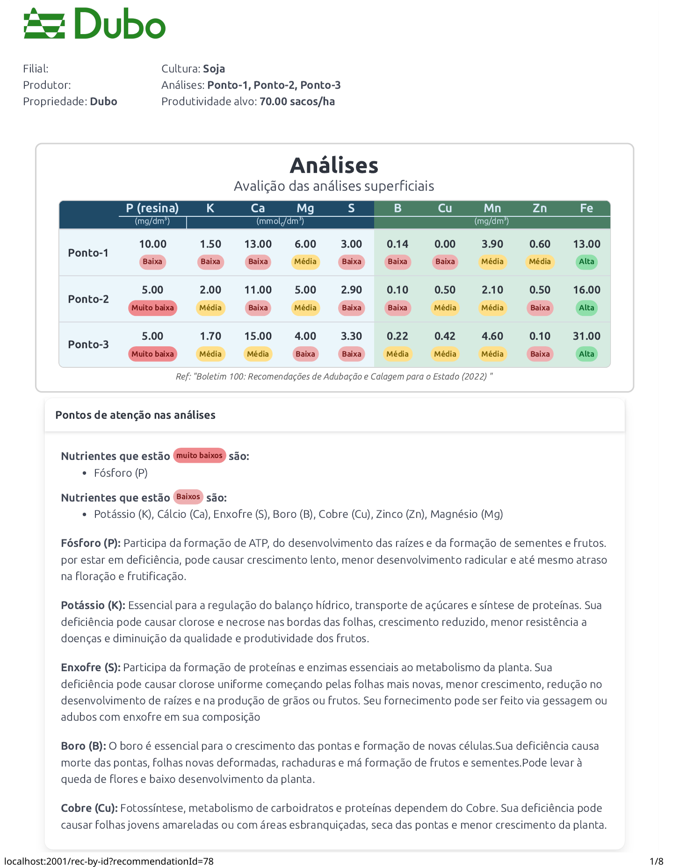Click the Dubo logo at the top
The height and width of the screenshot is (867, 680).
tap(95, 24)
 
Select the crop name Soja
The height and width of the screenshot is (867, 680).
tap(214, 69)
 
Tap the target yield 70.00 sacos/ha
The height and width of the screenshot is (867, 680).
tap(297, 101)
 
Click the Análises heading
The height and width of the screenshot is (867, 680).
tap(334, 165)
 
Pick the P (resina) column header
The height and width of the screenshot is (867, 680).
tap(152, 208)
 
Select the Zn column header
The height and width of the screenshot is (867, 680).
tap(540, 208)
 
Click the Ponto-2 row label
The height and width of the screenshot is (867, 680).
tap(88, 299)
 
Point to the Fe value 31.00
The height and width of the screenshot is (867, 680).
tap(586, 336)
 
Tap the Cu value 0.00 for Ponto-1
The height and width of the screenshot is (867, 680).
tap(445, 244)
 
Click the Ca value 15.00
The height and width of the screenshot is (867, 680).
tap(258, 336)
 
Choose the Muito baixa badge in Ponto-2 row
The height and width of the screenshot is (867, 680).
tap(152, 308)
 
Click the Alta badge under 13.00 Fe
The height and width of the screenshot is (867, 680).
tap(586, 262)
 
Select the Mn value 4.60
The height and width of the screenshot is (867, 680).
tap(492, 336)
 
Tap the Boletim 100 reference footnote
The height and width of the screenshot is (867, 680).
tap(334, 377)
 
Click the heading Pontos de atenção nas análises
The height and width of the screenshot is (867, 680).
tap(135, 415)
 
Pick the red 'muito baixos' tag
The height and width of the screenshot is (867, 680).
tap(200, 455)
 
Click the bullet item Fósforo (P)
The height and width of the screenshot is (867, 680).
tap(121, 473)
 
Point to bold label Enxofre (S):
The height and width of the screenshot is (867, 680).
tap(91, 667)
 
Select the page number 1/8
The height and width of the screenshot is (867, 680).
tap(657, 861)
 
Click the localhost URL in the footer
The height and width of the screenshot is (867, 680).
tap(109, 861)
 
